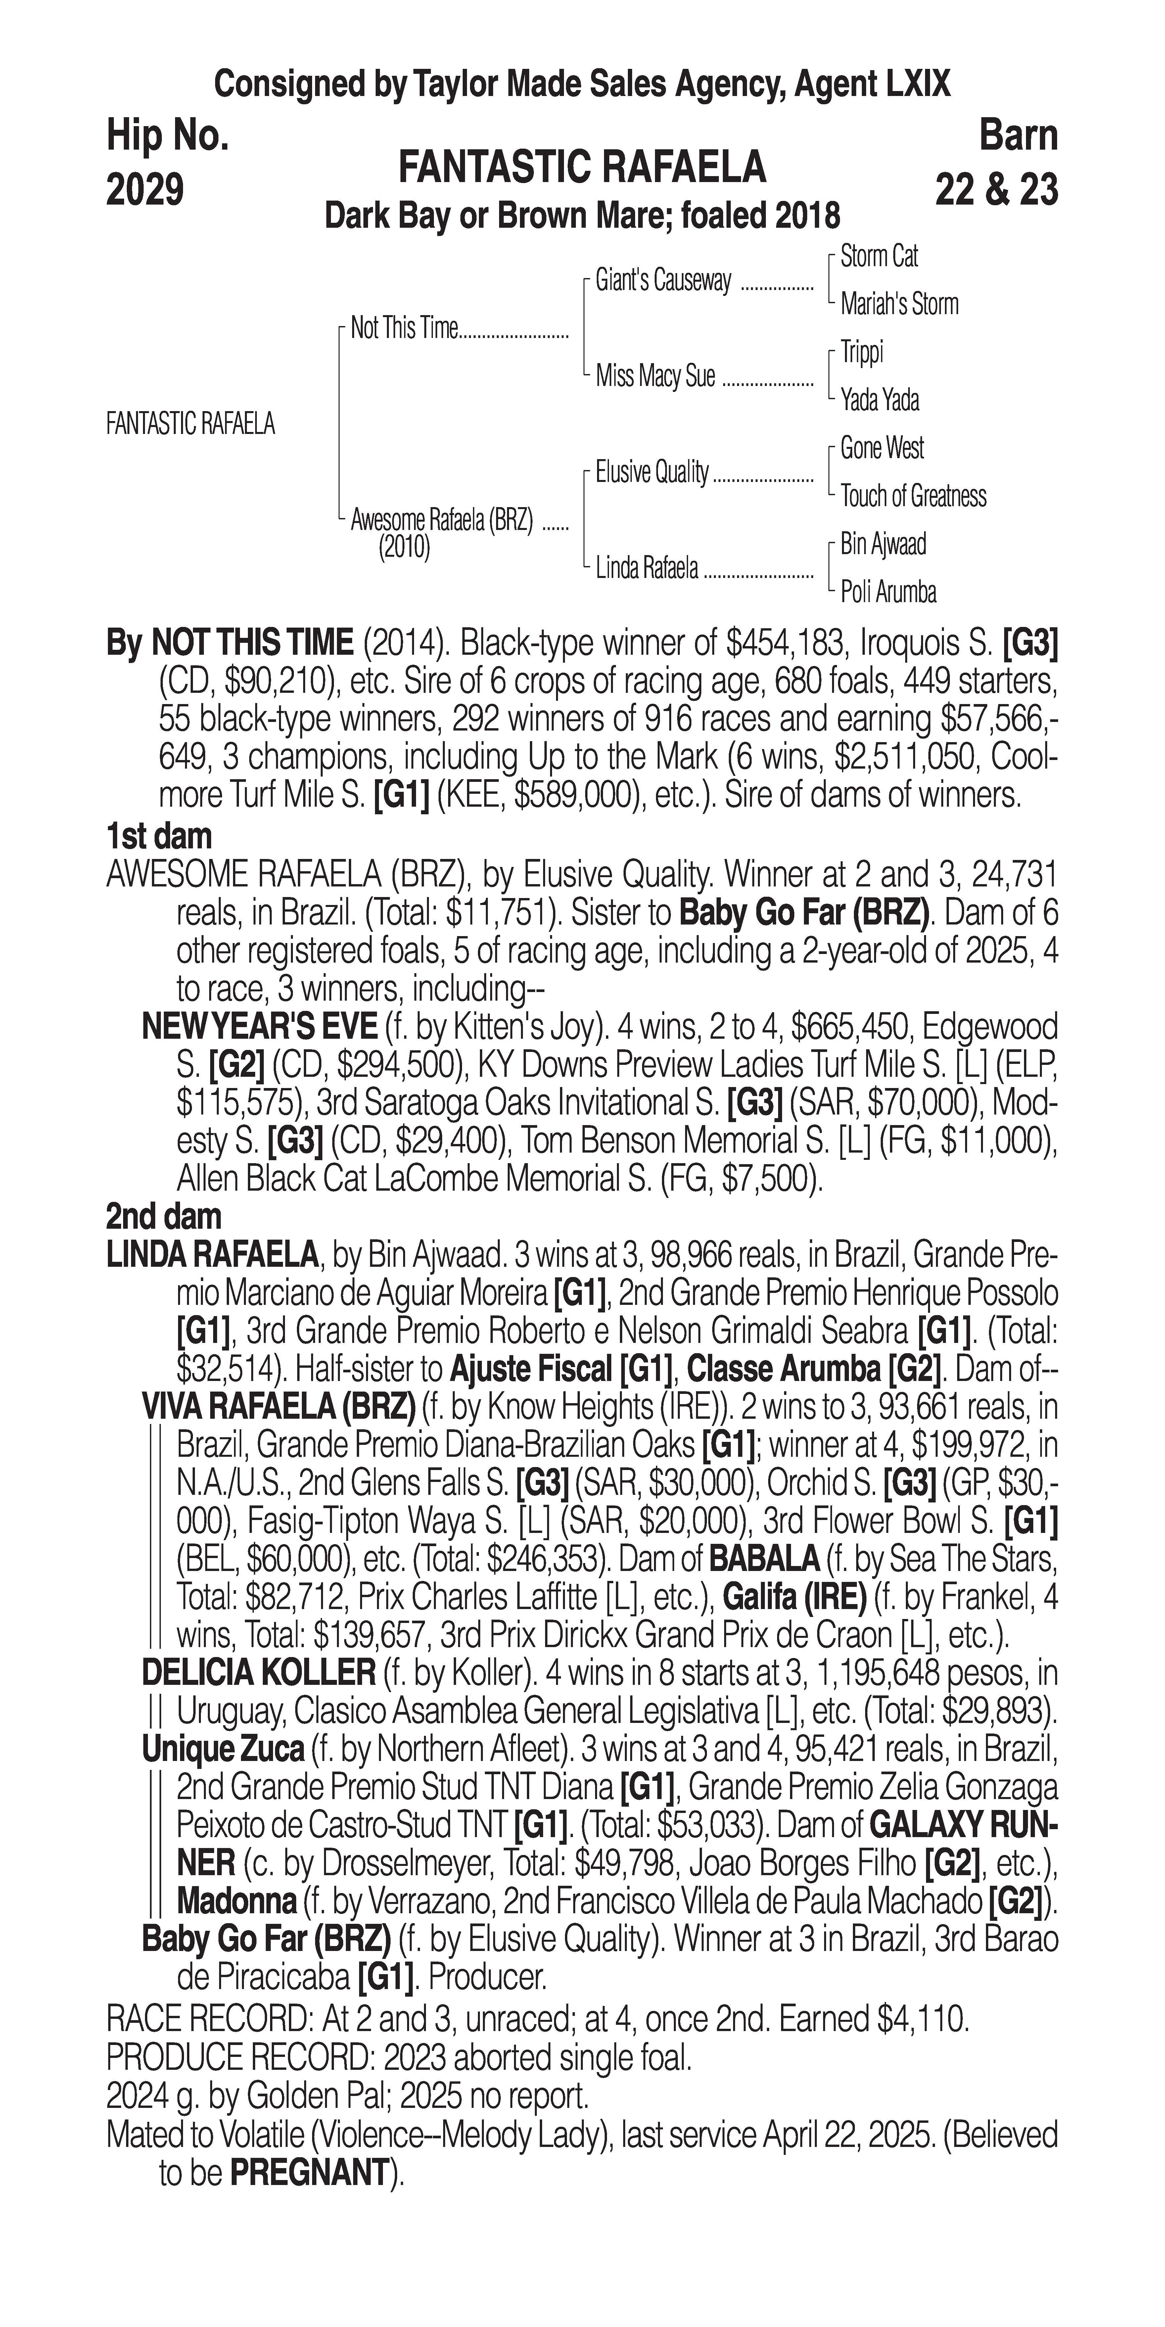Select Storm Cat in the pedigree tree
click(x=879, y=257)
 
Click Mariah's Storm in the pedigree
click(x=899, y=305)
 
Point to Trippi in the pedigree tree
click(x=862, y=352)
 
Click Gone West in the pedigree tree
click(x=881, y=448)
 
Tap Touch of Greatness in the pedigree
click(x=913, y=496)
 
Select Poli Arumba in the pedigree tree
click(x=888, y=593)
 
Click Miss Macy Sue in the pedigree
click(x=655, y=377)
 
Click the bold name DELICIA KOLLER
click(x=258, y=1673)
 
